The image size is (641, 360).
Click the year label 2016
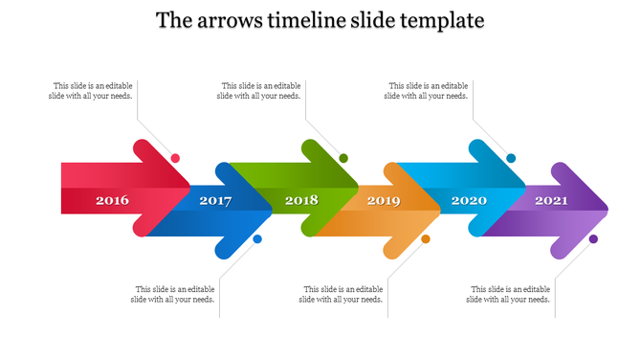click(112, 201)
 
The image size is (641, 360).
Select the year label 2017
click(215, 201)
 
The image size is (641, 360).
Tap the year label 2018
click(301, 201)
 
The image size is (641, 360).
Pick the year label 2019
click(384, 201)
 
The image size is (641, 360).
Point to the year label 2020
click(469, 201)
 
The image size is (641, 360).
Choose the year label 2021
click(551, 201)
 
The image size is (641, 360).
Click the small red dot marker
click(175, 158)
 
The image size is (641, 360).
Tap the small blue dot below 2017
click(257, 239)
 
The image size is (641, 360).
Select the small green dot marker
click(343, 158)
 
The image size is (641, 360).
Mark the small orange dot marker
click(426, 239)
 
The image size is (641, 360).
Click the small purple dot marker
click(593, 239)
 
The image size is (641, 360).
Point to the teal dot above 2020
click(511, 158)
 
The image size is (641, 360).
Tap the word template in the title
click(445, 20)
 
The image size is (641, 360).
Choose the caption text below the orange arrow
click(342, 294)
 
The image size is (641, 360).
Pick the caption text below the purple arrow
click(508, 294)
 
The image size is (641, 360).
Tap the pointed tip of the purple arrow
click(608, 201)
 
